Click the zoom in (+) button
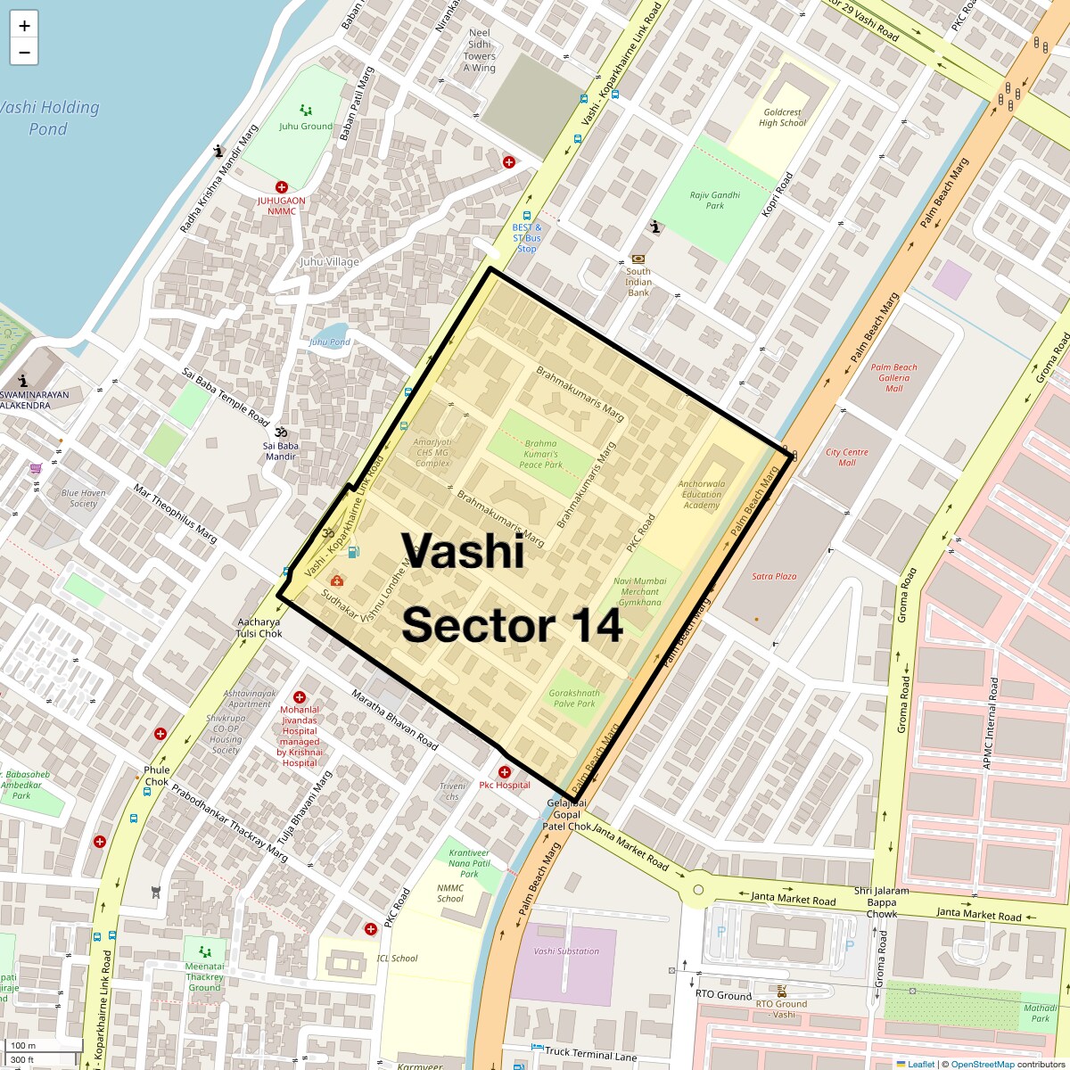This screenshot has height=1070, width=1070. [x=24, y=25]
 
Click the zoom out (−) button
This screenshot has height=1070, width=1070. [x=24, y=53]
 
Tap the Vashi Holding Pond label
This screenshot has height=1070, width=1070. [x=48, y=118]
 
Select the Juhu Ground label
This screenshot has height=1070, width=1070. [x=305, y=126]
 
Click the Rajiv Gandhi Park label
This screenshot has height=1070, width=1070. [x=714, y=200]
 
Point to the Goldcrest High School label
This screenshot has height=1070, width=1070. [x=782, y=118]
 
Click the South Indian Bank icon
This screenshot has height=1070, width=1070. [x=638, y=259]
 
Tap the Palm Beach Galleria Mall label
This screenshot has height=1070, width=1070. [x=893, y=377]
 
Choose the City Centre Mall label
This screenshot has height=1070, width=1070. [x=846, y=457]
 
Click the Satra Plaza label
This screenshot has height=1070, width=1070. [x=774, y=576]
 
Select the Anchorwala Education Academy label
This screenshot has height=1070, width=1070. [x=702, y=494]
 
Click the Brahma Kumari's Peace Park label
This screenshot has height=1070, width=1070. [x=540, y=453]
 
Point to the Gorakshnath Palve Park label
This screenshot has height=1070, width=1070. [x=574, y=697]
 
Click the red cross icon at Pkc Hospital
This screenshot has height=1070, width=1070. [x=505, y=772]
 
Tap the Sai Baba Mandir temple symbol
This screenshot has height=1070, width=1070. [x=280, y=432]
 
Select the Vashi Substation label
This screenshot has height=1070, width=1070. [x=566, y=951]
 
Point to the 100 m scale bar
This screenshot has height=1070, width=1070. [x=43, y=1046]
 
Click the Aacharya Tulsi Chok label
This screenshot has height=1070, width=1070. [x=259, y=628]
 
